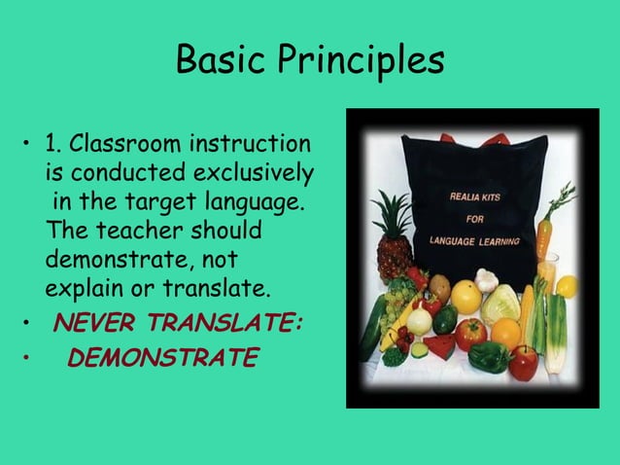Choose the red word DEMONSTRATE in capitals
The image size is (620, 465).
click(162, 359)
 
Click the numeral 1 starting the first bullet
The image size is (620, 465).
click(51, 147)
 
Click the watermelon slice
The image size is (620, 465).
click(439, 345)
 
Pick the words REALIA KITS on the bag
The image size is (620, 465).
click(476, 197)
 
